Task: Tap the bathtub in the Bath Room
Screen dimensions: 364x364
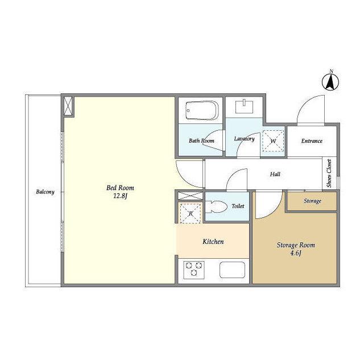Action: click(x=202, y=110)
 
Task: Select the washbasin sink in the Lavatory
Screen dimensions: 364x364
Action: click(x=244, y=106)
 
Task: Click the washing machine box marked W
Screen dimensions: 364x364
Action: click(x=273, y=141)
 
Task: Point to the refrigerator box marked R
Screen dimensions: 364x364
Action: click(x=191, y=213)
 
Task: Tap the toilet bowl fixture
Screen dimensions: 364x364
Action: click(x=216, y=206)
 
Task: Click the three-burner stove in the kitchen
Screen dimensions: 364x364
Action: click(x=194, y=270)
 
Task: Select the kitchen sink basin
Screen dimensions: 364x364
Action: click(x=232, y=270)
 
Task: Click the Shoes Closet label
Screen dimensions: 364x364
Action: click(x=329, y=173)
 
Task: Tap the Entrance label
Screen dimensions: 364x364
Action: click(x=312, y=141)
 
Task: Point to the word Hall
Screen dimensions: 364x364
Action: click(x=275, y=174)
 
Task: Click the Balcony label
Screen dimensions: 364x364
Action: click(x=45, y=192)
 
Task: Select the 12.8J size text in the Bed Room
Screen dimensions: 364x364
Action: click(x=120, y=196)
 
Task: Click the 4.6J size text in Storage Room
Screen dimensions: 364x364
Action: click(x=296, y=253)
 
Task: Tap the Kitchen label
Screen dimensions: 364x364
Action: click(x=213, y=242)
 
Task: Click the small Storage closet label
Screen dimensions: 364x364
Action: click(x=312, y=201)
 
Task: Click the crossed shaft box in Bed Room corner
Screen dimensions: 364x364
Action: click(x=68, y=106)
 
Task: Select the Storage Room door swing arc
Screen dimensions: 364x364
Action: click(x=274, y=211)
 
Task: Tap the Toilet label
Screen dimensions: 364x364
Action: click(x=238, y=206)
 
